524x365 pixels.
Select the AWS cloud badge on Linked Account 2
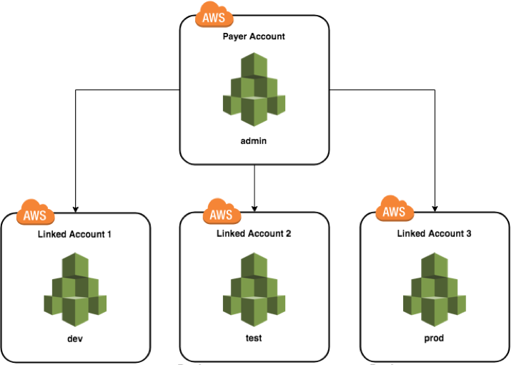(x=222, y=213)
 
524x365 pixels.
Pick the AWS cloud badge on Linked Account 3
(x=394, y=210)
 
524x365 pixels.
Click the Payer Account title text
(x=254, y=35)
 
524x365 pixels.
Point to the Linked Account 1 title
(x=75, y=234)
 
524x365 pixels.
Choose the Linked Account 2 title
(x=254, y=234)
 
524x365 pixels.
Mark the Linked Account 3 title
(x=435, y=233)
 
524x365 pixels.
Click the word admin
(x=254, y=141)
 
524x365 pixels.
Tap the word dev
(x=74, y=337)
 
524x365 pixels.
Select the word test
(x=254, y=337)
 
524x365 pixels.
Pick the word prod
(x=434, y=337)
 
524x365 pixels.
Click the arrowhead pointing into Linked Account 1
(x=74, y=208)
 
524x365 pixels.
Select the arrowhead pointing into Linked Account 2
(x=254, y=208)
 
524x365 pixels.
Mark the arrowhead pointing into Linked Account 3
(x=435, y=208)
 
